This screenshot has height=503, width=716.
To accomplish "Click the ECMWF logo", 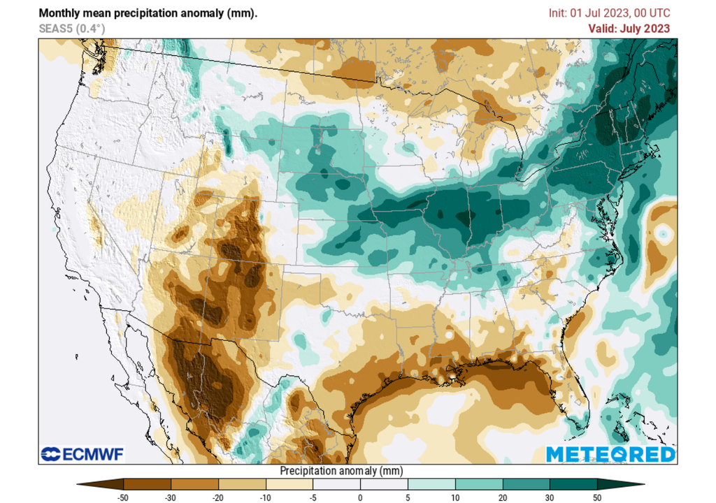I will click(x=82, y=455).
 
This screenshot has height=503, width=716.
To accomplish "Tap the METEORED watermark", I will click(x=610, y=454).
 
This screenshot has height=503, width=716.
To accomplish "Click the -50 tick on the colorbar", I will click(x=124, y=497).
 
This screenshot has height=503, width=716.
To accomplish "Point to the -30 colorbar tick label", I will click(x=171, y=497).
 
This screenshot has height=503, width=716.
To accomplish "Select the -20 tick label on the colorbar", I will click(x=218, y=497).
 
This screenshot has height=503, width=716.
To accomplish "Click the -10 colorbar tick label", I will click(x=266, y=497).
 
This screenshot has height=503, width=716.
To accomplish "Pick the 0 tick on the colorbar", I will click(x=360, y=497).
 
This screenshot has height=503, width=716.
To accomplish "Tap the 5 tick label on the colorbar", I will click(x=408, y=497).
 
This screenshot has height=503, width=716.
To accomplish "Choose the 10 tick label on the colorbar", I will click(x=455, y=497).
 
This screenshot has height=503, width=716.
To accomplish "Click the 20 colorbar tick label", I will click(x=503, y=497).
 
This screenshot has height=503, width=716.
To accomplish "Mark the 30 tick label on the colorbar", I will click(x=550, y=497).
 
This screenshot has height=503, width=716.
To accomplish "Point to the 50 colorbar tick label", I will click(x=597, y=497).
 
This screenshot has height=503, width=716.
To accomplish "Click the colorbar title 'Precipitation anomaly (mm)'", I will click(x=341, y=471).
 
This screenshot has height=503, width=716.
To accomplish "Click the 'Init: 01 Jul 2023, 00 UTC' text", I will click(x=609, y=13).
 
